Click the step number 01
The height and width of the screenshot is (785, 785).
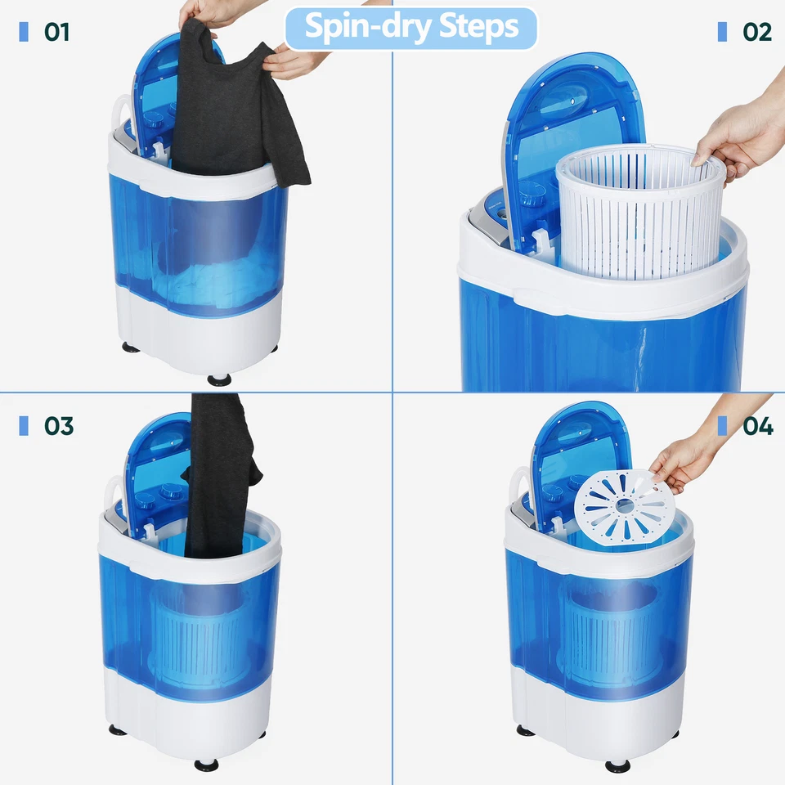(56, 33)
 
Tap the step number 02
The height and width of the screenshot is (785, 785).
(757, 32)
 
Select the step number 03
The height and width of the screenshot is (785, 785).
(58, 426)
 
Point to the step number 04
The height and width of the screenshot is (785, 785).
(758, 426)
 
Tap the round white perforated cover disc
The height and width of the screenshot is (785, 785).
(625, 507)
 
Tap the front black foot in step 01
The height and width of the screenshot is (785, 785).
(219, 379)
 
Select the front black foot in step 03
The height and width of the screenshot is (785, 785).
(207, 765)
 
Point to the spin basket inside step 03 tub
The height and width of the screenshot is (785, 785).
(200, 630)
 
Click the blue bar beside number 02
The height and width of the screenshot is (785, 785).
(722, 32)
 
